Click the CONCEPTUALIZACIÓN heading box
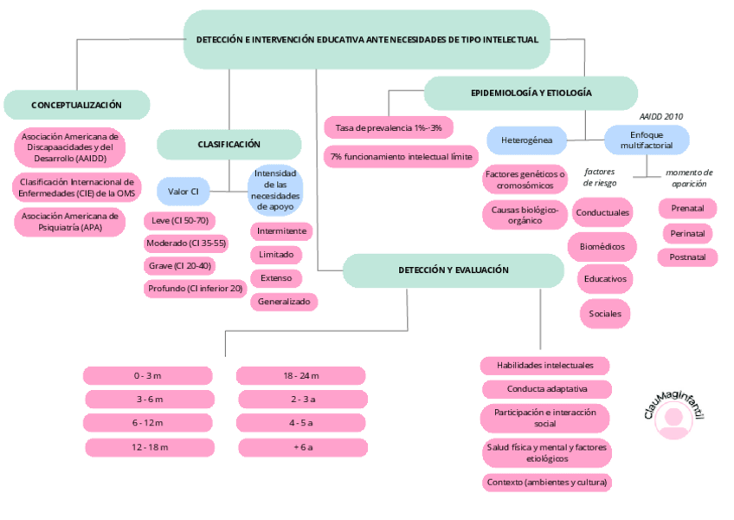coord(76,105)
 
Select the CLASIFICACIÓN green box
coord(229,145)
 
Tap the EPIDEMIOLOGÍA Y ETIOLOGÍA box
coord(531,93)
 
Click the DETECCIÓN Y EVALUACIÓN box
coord(453,270)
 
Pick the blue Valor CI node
coord(183,190)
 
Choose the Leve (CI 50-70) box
coord(179,220)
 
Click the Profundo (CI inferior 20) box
coord(196,289)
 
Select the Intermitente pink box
coord(281,231)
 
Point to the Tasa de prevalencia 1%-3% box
coord(388,127)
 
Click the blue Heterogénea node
coord(527,140)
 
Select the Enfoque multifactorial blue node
coord(646,140)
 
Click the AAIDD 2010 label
coord(661,115)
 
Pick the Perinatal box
coord(687,233)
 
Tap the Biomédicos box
coord(602,246)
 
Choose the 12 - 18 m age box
coord(149,447)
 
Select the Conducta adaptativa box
coord(546,389)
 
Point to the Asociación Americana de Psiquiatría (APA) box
coord(70,222)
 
